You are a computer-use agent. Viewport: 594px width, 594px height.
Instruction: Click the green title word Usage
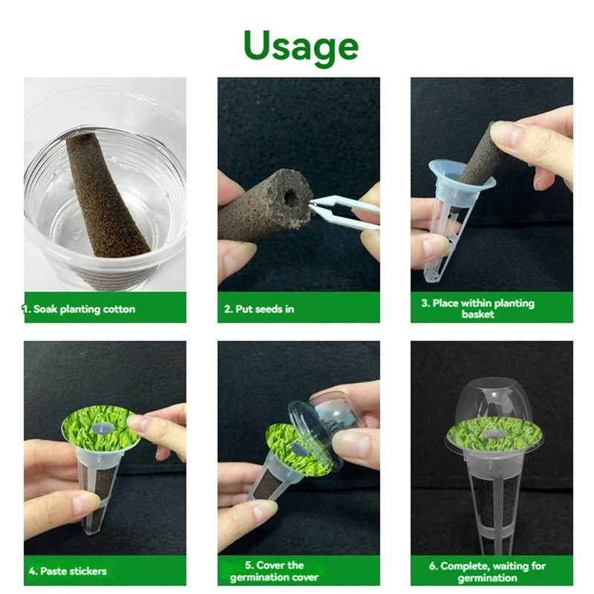click(x=301, y=47)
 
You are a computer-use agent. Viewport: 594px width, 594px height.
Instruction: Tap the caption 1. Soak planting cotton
click(x=79, y=309)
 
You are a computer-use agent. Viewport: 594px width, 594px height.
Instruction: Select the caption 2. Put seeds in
click(x=258, y=309)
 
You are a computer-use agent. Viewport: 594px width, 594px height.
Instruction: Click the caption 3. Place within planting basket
click(x=477, y=308)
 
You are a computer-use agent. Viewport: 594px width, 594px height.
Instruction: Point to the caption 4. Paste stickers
click(x=68, y=571)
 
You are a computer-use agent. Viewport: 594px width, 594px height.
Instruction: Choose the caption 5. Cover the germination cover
click(x=274, y=571)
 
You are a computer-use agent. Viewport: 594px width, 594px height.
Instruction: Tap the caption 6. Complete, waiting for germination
click(x=487, y=572)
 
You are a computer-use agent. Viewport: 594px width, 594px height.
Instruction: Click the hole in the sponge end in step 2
click(x=290, y=197)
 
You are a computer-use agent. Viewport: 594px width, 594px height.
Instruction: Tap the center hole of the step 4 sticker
click(x=102, y=428)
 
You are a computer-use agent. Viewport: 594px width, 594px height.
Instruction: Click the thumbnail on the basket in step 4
click(x=82, y=504)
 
